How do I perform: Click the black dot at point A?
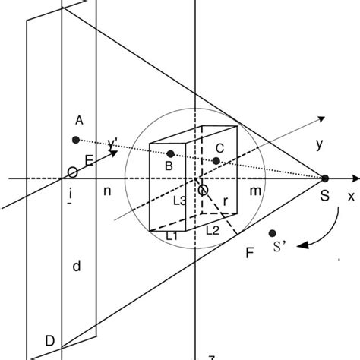(75, 140)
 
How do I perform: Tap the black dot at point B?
(170, 153)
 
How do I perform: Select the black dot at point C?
(216, 161)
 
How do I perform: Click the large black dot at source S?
(325, 178)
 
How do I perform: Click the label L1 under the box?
(173, 236)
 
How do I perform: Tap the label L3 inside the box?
(180, 201)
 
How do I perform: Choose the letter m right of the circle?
(255, 192)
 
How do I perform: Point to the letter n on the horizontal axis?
(107, 192)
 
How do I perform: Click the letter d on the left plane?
(75, 266)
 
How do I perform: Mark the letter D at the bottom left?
(49, 341)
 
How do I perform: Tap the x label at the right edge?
(351, 196)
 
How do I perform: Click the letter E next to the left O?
(89, 159)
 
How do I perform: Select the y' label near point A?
(113, 141)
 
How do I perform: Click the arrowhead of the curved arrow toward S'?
(301, 245)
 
